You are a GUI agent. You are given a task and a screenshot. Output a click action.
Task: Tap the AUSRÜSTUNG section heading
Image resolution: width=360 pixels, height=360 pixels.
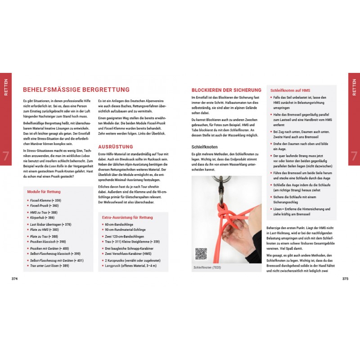(116, 147)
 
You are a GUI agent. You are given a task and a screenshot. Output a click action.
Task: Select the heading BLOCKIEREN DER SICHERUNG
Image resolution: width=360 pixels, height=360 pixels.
(226, 90)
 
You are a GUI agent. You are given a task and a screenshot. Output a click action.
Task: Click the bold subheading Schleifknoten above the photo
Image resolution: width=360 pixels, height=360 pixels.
(206, 147)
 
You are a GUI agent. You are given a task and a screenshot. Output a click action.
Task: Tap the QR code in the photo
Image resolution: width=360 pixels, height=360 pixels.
(201, 254)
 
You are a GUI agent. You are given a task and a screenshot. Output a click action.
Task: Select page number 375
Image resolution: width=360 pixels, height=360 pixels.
(345, 279)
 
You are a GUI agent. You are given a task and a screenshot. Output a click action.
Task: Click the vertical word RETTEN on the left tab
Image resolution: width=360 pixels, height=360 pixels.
(6, 87)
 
